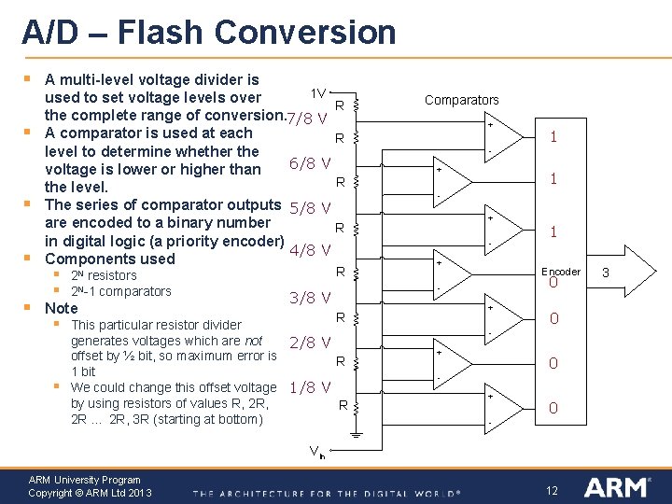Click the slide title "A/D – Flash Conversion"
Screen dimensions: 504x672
tap(209, 33)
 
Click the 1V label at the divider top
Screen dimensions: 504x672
tap(317, 93)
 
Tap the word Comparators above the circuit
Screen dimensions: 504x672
tap(461, 100)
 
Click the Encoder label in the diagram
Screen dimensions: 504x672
tap(561, 272)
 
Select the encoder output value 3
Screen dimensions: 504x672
tap(605, 273)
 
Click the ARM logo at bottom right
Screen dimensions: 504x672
tap(617, 487)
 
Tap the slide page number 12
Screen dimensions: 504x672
tap(552, 490)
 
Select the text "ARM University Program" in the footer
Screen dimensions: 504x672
tap(85, 480)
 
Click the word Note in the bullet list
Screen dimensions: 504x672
tap(62, 308)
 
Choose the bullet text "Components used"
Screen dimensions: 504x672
tap(110, 259)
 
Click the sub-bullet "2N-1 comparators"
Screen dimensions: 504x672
tap(121, 291)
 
